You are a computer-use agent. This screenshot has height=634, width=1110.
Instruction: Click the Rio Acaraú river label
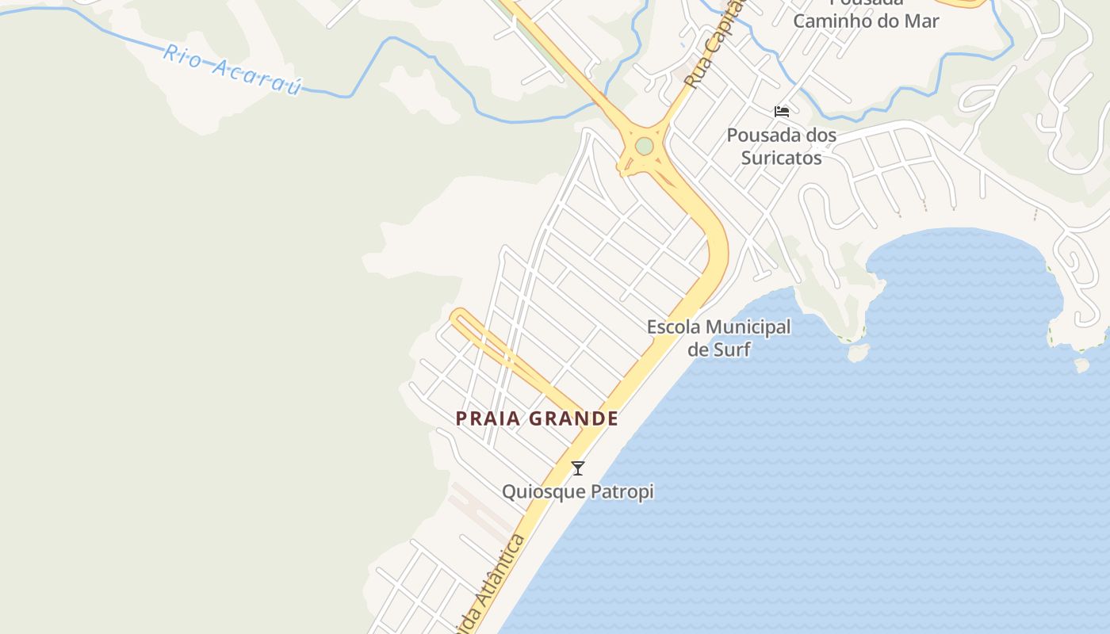[x=232, y=70]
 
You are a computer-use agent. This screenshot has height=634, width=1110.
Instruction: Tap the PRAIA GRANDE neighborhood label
[x=537, y=418]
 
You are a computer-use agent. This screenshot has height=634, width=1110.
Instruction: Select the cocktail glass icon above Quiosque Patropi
[x=578, y=468]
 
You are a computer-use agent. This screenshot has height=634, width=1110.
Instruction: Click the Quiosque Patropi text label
[x=578, y=491]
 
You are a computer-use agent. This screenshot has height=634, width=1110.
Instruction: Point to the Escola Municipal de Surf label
[x=718, y=338]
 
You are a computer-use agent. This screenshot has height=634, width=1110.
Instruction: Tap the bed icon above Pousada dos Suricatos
[x=782, y=112]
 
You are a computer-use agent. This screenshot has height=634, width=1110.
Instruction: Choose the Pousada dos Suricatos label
[x=782, y=147]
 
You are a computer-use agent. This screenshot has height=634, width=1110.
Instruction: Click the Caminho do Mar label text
[x=866, y=21]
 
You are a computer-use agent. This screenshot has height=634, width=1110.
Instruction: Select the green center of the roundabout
[x=644, y=147]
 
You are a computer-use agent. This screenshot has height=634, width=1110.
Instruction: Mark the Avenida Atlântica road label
[x=492, y=586]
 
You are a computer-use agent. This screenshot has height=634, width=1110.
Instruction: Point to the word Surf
[x=731, y=349]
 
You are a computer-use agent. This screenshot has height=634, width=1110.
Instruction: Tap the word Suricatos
[x=782, y=158]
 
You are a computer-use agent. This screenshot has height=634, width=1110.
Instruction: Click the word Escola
[x=673, y=327]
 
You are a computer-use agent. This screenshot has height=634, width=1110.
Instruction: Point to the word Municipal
[x=748, y=327]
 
